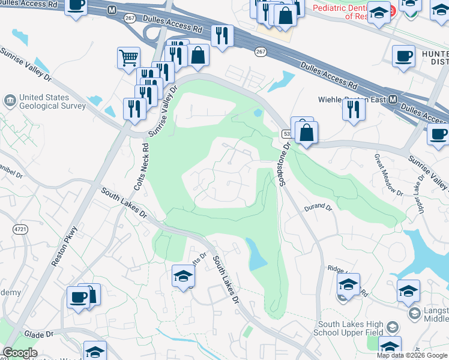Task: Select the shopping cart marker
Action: pos(128,58)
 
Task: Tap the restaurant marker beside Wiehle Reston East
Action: pos(354,109)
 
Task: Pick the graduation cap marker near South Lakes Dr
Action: pos(183,275)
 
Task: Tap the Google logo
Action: pos(20,353)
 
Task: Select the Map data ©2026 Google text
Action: pos(412,355)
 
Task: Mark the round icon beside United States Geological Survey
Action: pos(10,99)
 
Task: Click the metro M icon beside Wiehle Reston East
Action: pos(393,99)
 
